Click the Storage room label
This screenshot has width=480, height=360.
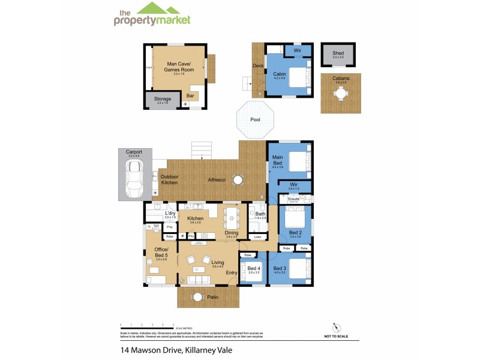(x=163, y=99)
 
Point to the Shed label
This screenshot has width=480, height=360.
(x=338, y=54)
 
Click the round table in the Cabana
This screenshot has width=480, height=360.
(x=340, y=94)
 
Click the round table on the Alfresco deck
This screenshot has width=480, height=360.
(x=238, y=179)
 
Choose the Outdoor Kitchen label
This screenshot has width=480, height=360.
(x=169, y=179)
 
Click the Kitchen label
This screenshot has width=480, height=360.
(x=196, y=218)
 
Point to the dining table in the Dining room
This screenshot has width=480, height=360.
(x=232, y=217)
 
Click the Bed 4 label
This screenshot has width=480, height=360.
(x=254, y=268)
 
